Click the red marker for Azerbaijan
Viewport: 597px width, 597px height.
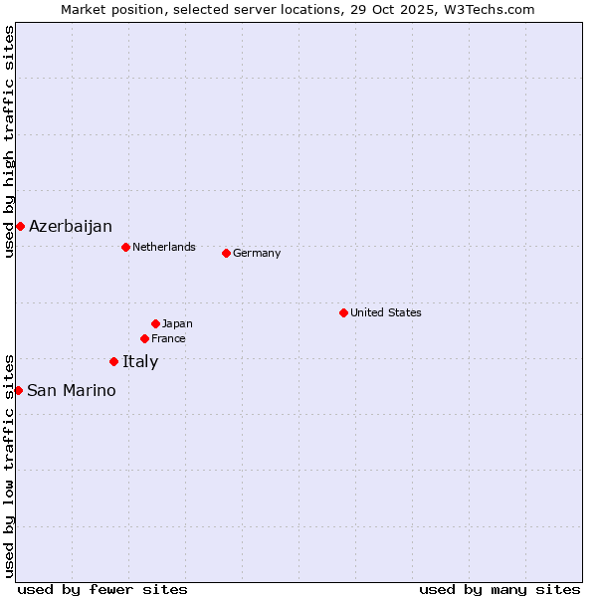coord(20,226)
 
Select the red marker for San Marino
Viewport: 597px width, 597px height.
coord(18,390)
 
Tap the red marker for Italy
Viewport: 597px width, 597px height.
coord(113,361)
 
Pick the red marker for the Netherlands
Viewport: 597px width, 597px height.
coord(125,247)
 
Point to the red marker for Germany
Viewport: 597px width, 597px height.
coord(226,253)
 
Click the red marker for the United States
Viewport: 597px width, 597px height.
coord(343,312)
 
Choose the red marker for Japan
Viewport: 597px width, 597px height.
coord(155,323)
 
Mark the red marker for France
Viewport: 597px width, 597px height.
coord(144,338)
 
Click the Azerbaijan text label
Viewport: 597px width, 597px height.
coord(71,227)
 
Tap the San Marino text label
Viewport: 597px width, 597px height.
coord(72,391)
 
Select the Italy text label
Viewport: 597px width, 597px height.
coord(140,362)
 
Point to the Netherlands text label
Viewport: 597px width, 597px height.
coord(164,247)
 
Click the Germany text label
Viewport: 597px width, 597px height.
coord(257,254)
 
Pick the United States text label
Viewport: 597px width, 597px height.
coord(386,312)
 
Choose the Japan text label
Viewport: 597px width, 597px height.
coord(177,323)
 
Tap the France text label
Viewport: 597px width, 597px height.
coord(168,339)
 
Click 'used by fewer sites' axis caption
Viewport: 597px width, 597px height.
coord(102,589)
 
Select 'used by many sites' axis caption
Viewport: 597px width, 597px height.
coord(499,589)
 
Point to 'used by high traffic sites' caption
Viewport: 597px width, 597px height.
coord(9,141)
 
